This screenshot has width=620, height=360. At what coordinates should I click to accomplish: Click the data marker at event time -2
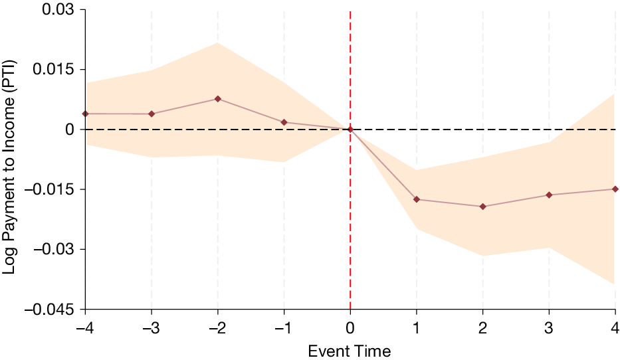point(218,99)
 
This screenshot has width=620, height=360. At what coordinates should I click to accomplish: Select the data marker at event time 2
point(482,207)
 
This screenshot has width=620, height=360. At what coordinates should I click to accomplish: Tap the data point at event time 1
point(417,199)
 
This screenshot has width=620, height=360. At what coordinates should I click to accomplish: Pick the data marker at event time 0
point(350,129)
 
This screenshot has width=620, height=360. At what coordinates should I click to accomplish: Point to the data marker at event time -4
point(86,114)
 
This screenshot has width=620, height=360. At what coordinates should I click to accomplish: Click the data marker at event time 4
point(615,189)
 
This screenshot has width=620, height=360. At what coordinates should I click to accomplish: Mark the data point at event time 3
point(549,195)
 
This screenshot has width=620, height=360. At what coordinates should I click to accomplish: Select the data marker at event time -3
point(152,114)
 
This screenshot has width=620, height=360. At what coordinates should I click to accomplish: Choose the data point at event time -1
point(284,122)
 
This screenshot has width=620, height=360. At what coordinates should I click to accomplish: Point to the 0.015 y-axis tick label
point(59,70)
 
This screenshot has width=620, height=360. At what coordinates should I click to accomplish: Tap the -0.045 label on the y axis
point(52,309)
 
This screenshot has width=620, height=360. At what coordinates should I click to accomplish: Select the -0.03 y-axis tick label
point(56,249)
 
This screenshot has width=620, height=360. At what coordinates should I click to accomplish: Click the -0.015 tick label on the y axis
point(52,189)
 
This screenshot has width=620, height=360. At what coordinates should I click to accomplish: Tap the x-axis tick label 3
point(549,327)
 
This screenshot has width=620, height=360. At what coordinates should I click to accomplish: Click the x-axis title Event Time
point(350,350)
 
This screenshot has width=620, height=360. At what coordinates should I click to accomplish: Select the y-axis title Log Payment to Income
point(11,159)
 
